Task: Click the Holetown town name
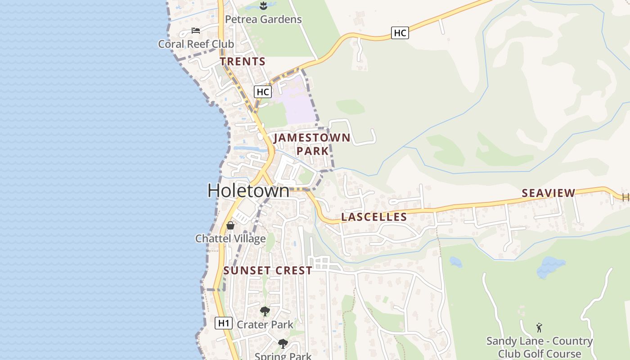(x=248, y=191)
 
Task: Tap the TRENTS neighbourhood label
(x=243, y=61)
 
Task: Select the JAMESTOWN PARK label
(x=312, y=144)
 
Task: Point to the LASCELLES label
(x=374, y=217)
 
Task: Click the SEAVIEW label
(x=548, y=193)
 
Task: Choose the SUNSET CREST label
(x=268, y=270)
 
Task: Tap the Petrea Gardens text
(x=263, y=19)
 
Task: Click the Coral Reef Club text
(x=196, y=44)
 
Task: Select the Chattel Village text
(x=230, y=238)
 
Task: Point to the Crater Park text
(x=265, y=324)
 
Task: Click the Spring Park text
(x=283, y=356)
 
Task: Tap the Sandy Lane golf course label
(x=539, y=347)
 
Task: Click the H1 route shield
(x=224, y=323)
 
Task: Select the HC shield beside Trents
(x=262, y=92)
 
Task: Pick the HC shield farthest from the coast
(x=400, y=33)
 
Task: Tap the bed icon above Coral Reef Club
(x=196, y=31)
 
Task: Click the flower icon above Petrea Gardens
(x=264, y=6)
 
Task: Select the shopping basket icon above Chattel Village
(x=230, y=225)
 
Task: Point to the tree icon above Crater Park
(x=265, y=311)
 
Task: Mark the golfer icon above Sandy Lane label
(x=539, y=328)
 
